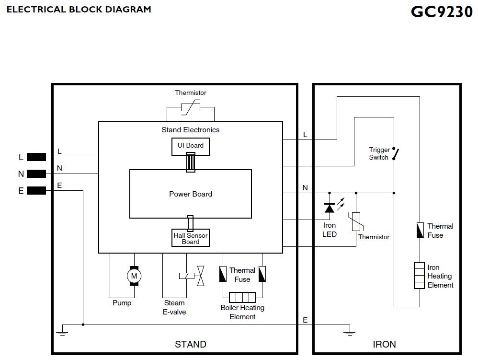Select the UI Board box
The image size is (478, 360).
click(x=191, y=146)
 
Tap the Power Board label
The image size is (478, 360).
click(x=191, y=194)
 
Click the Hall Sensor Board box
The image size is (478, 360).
click(x=191, y=238)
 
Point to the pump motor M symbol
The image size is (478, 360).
click(x=134, y=275)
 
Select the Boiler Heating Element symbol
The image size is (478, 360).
click(x=242, y=296)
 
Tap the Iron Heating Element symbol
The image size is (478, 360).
click(x=420, y=275)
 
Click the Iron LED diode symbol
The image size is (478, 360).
click(x=330, y=208)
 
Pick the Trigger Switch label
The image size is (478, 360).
click(x=379, y=153)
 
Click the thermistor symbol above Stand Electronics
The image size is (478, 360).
click(x=190, y=107)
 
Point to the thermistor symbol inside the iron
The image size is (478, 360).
click(x=356, y=221)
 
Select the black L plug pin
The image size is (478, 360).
click(x=36, y=157)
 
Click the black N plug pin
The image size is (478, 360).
click(x=36, y=174)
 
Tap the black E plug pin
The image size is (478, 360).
click(x=36, y=190)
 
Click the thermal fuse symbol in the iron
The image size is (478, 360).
click(x=420, y=231)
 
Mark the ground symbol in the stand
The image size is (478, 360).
click(x=61, y=330)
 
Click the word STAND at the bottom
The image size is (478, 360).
click(x=191, y=344)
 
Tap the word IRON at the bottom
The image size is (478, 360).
click(x=384, y=344)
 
